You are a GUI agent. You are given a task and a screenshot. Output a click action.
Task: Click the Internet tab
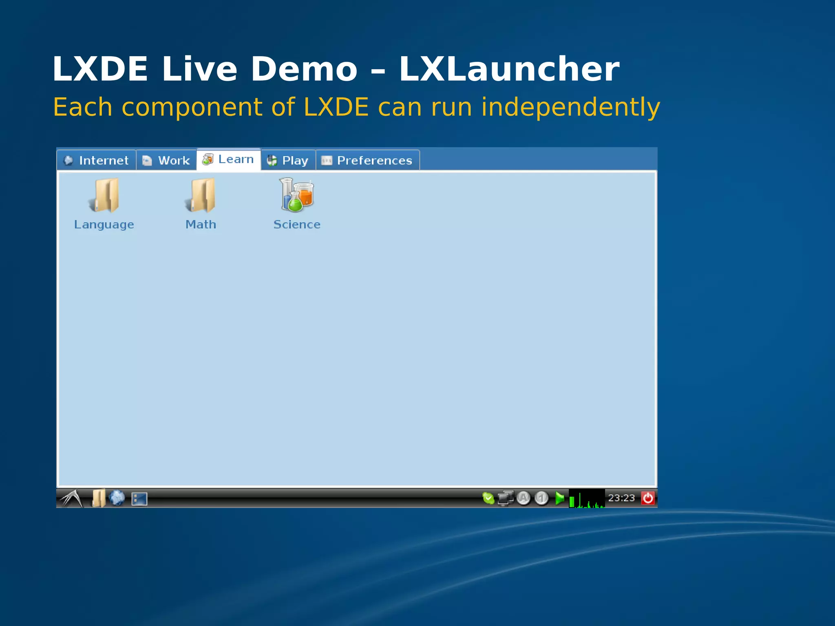97,160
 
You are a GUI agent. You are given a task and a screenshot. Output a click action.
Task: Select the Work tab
166,160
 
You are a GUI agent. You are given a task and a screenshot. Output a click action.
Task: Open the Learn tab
228,159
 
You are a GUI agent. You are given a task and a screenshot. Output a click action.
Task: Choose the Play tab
288,160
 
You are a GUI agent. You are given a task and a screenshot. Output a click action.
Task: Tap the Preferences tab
367,160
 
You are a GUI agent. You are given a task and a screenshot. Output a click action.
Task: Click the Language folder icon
104,195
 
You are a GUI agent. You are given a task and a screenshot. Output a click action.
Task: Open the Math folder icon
201,195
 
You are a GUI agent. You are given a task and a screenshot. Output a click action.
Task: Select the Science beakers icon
297,195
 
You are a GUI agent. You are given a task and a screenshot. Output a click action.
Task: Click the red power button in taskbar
648,498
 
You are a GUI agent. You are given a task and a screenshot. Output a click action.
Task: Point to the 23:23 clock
621,498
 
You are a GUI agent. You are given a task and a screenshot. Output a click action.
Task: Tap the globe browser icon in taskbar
117,498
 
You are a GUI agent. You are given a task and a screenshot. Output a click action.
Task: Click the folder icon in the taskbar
98,498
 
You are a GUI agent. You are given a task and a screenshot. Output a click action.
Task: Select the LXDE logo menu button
72,498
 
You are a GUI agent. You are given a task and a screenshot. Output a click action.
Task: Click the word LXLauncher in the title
509,69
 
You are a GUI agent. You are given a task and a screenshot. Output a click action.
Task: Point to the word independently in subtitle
570,107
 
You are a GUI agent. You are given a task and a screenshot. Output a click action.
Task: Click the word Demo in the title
304,69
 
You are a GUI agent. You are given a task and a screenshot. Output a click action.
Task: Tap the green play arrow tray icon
560,498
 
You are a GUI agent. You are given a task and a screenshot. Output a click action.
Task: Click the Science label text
297,225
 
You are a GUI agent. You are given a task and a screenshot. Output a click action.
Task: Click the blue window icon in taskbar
139,498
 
